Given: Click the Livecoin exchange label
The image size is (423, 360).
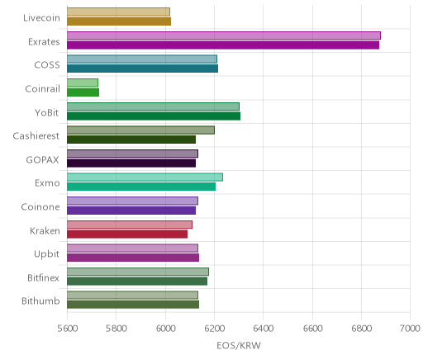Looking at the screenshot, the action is (x=41, y=18).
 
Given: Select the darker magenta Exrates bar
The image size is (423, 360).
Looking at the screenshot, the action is (x=223, y=45).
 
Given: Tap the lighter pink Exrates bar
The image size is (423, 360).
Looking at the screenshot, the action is (x=224, y=36).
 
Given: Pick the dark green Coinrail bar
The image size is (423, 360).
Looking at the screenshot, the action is (x=83, y=92).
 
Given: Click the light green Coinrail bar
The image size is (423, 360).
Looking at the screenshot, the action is (x=83, y=83).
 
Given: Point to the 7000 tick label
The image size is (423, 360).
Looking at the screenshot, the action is (x=410, y=329).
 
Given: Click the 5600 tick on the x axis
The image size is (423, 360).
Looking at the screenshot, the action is (x=67, y=329).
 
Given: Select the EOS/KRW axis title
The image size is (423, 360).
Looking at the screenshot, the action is (x=239, y=345).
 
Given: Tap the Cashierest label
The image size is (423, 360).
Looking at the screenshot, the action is (x=36, y=136).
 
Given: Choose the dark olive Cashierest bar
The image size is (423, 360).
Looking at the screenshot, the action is (x=131, y=140).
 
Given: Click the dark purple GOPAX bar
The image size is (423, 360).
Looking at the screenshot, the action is (x=131, y=163).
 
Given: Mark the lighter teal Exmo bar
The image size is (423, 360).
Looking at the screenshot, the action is (x=145, y=178).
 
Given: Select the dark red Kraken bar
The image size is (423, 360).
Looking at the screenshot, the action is (x=127, y=234).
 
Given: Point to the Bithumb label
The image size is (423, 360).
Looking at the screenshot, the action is (x=40, y=301).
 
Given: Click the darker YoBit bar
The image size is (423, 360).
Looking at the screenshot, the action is (x=154, y=116).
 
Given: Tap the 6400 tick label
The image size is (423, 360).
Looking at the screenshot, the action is (x=263, y=329).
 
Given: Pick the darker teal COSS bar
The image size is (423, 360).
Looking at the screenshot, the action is (x=143, y=69).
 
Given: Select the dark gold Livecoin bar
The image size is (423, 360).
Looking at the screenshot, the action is (x=119, y=21).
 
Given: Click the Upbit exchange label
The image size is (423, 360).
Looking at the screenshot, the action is (x=47, y=254).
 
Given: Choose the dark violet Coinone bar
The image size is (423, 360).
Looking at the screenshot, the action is (x=131, y=211).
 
